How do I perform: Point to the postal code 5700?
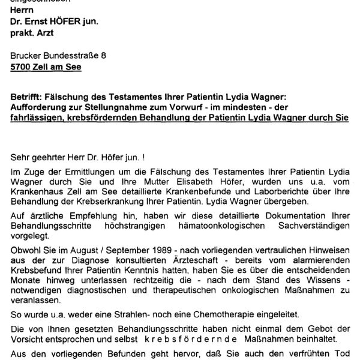point(21,67)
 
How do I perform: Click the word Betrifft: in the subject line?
point(28,96)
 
